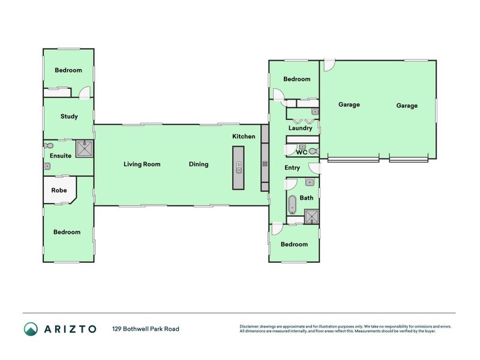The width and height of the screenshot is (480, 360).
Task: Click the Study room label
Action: (x=69, y=116)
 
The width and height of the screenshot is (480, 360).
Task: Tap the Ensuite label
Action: (x=61, y=156)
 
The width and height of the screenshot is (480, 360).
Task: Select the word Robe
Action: (x=59, y=190)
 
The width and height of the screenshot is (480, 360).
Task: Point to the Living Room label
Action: (x=142, y=164)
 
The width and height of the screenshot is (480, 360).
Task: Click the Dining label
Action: (x=199, y=164)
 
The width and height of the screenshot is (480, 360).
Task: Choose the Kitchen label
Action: (x=244, y=137)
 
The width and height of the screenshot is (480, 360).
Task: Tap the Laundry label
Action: (x=300, y=128)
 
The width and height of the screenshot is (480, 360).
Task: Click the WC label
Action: (x=302, y=152)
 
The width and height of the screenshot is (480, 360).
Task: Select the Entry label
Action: (x=292, y=168)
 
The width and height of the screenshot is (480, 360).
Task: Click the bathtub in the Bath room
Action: (x=292, y=205)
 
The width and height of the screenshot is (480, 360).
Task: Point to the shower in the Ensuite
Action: (x=85, y=148)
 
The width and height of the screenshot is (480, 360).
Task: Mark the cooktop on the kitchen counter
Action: (x=264, y=164)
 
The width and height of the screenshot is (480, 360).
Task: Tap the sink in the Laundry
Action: (x=314, y=112)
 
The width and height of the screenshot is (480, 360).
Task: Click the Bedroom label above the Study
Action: (x=68, y=70)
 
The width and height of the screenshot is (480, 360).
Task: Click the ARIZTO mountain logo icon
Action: (x=31, y=329)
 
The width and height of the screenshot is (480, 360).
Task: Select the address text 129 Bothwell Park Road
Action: (x=146, y=329)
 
